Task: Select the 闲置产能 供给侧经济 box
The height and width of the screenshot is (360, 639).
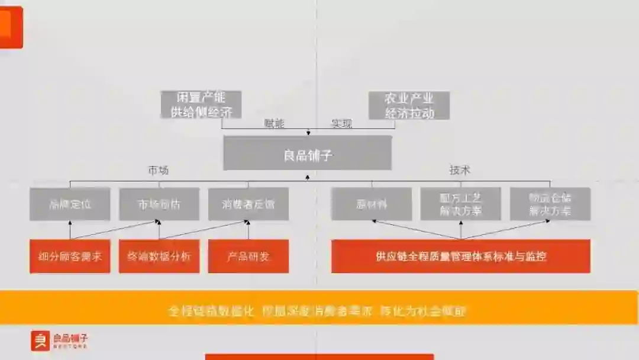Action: pos(201,105)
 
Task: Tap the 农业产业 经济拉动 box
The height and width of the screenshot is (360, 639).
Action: pos(409,105)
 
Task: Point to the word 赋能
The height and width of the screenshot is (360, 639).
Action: pos(274,124)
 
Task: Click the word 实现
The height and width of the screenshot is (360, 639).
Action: pos(341,124)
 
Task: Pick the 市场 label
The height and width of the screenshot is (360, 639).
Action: pos(158,171)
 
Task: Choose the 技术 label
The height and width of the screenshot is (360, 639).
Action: pos(459,171)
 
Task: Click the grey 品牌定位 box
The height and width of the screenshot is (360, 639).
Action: pos(70,204)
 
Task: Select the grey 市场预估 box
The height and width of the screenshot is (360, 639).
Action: pos(159,204)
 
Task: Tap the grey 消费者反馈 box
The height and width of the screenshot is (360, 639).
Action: pos(248,204)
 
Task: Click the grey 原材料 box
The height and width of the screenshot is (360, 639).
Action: pos(372,204)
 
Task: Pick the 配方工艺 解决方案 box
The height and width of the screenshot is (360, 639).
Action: pos(460,204)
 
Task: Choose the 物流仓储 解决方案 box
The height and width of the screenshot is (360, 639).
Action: pos(550,204)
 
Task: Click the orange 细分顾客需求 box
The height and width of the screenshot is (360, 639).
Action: pos(70,256)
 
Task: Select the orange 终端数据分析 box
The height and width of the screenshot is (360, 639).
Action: pos(159,256)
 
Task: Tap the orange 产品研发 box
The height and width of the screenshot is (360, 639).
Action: pos(248,256)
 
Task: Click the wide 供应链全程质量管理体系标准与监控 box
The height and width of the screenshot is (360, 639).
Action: pos(460,256)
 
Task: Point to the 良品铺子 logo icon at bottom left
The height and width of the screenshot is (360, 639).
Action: pos(40,340)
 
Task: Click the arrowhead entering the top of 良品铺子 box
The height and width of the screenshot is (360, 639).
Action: pos(308,133)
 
